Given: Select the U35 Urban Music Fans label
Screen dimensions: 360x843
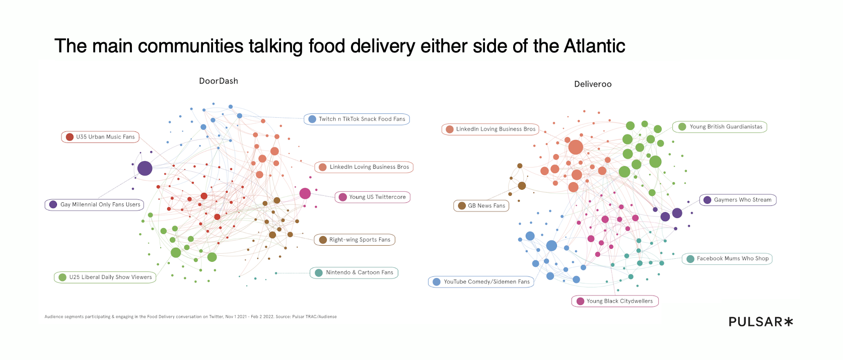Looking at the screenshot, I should click(x=100, y=137).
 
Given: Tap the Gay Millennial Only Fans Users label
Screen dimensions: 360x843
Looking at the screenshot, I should click(x=95, y=205).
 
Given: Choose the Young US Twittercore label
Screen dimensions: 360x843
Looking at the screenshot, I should click(x=373, y=197).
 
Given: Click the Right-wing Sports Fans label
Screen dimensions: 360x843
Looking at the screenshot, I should click(x=355, y=240).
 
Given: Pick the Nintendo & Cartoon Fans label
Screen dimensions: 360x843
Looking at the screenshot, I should click(x=354, y=273).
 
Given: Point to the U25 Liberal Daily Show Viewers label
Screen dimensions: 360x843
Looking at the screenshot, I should click(x=105, y=277).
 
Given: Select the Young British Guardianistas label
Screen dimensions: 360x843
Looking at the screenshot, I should click(x=720, y=127).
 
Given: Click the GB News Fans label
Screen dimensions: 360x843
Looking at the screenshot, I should click(x=481, y=206).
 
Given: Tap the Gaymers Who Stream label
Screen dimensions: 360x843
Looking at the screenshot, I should click(x=738, y=200).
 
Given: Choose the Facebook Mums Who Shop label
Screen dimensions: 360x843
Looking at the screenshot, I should click(x=727, y=259).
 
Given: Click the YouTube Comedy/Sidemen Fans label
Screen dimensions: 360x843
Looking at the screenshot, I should click(x=481, y=282).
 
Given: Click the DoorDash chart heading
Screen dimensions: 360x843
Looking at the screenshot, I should click(x=219, y=81).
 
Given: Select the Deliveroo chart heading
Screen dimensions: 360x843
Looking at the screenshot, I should click(x=593, y=84).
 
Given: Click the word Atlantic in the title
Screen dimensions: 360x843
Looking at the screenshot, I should click(x=594, y=46).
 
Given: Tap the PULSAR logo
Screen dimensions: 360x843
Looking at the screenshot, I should click(x=760, y=322).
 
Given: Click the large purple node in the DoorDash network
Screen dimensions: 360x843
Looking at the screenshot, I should click(x=145, y=168).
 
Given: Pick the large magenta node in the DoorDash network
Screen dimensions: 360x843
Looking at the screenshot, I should click(x=305, y=193).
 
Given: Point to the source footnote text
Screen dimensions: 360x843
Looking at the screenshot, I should click(x=190, y=317).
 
